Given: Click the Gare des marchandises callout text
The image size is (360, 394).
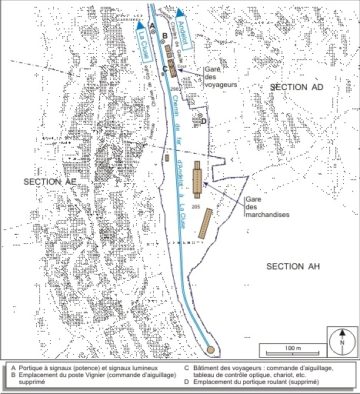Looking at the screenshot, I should point(262,207).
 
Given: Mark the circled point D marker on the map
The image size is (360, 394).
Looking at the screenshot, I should point(202,119).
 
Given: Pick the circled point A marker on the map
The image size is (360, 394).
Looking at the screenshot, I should point(152,30).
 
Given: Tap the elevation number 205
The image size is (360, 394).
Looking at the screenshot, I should point(195,208).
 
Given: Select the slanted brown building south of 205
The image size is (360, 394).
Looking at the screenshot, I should point(206,223).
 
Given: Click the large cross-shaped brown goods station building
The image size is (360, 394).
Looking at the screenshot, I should point(198,179).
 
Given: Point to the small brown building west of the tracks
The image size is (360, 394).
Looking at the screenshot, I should point(167,158).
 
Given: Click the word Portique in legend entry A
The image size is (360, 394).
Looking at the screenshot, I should point(32,369).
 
